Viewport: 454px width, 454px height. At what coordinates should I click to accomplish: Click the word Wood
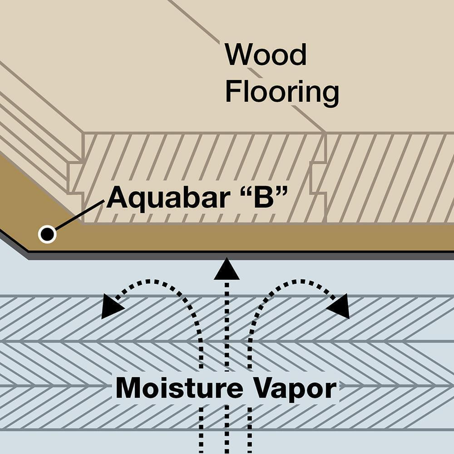tap(266, 54)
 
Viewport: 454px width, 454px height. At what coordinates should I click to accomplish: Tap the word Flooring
tap(282, 93)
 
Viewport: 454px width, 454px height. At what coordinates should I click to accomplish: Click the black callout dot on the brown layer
tap(47, 234)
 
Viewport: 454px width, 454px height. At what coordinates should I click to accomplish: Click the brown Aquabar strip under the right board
tap(386, 237)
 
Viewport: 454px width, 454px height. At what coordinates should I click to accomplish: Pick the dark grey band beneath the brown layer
tap(272, 256)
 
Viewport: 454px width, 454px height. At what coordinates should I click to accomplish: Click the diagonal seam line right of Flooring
tap(309, 119)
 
